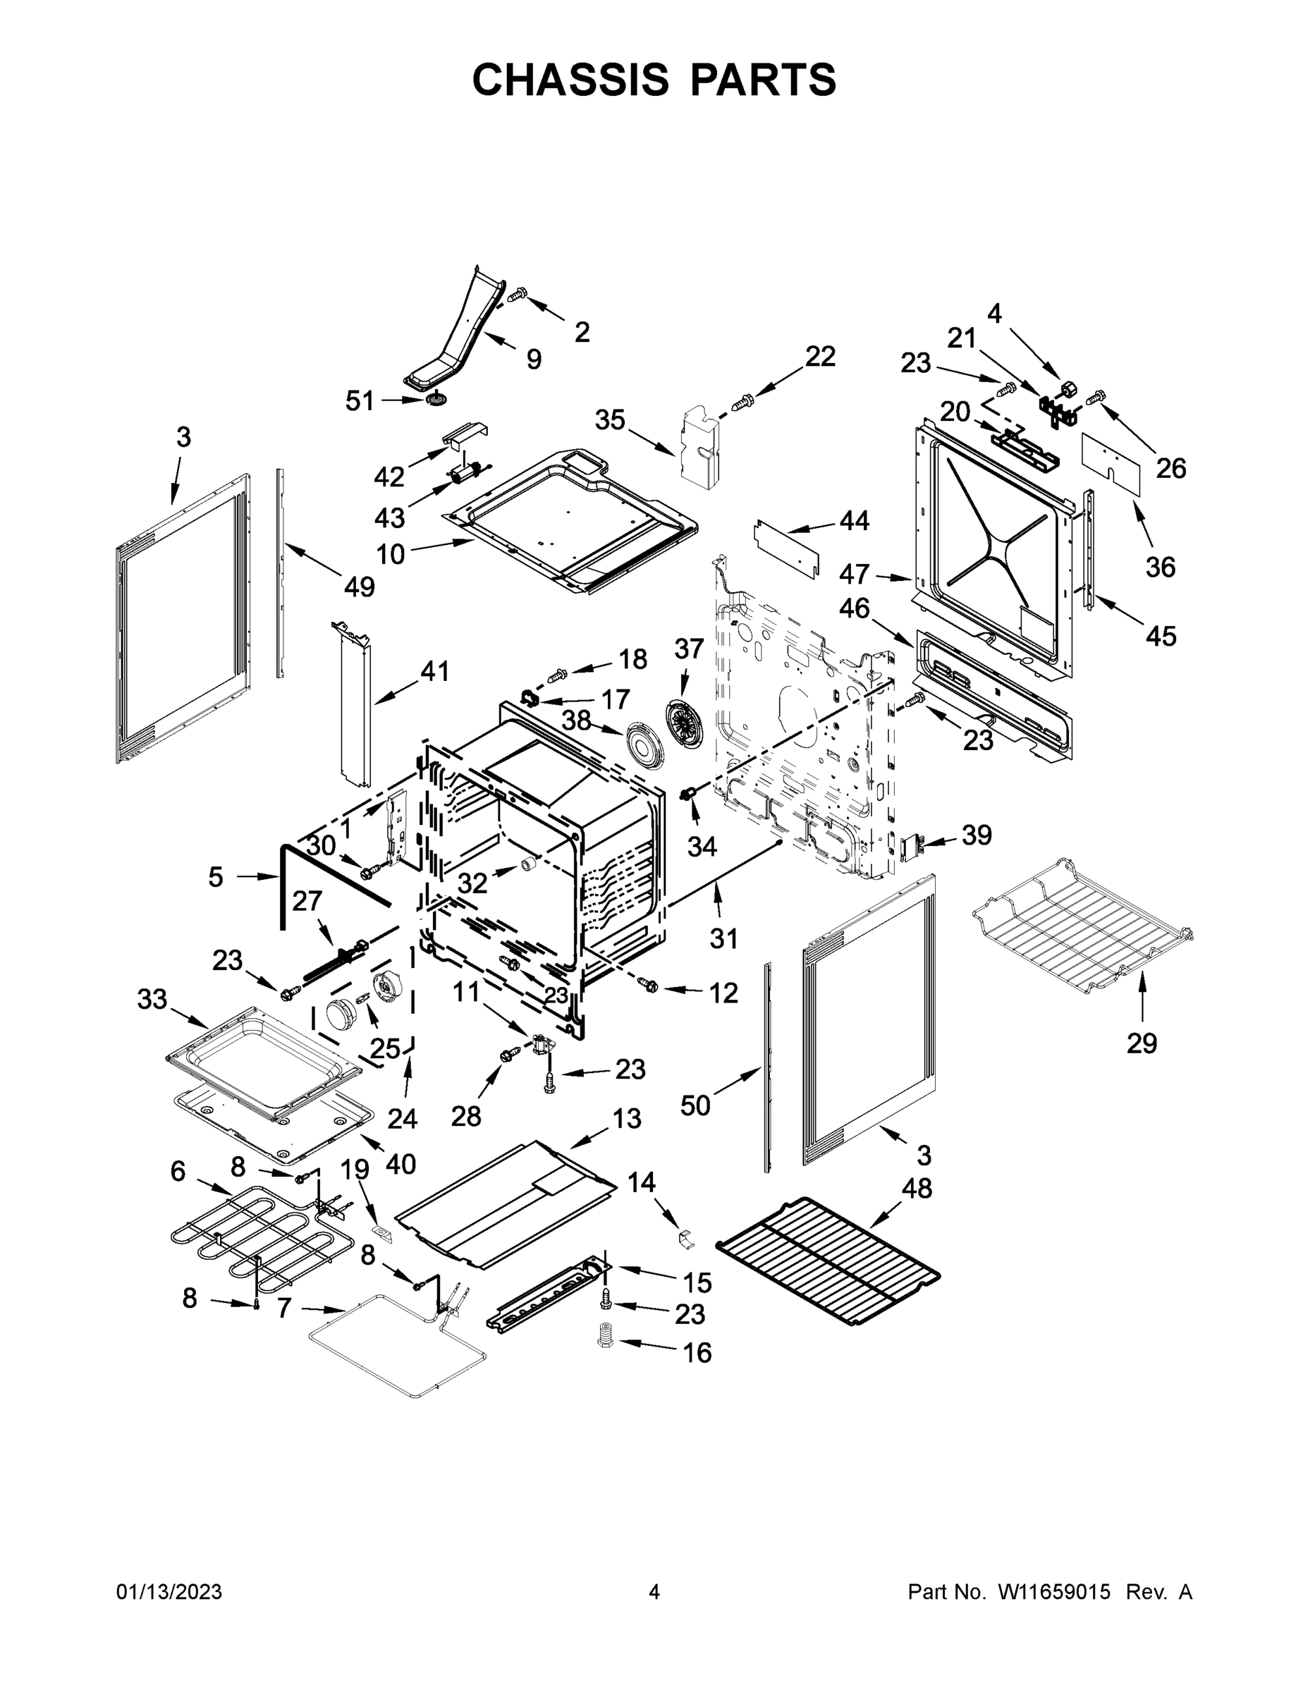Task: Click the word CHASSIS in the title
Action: coord(571,79)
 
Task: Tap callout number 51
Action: coord(360,400)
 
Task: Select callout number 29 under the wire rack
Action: coord(1142,1043)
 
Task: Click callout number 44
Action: coord(854,520)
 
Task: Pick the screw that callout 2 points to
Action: coord(518,295)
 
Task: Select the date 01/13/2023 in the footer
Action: coord(169,1592)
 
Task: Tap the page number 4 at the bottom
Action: coord(654,1592)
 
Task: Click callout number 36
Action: coord(1160,567)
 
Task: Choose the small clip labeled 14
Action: coord(685,1235)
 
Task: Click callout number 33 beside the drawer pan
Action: coord(152,1000)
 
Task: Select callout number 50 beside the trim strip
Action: coord(695,1105)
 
